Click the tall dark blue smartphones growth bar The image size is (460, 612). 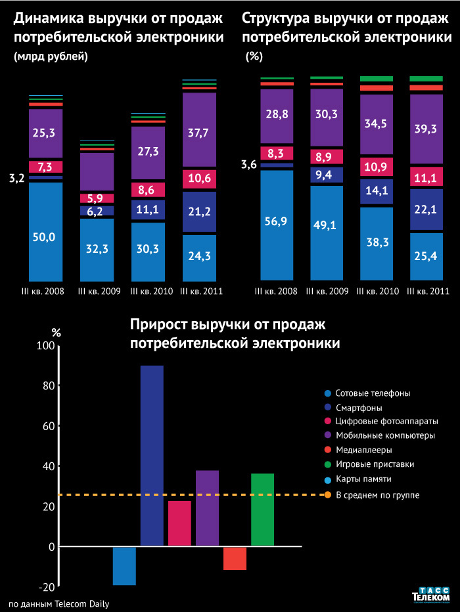[x=152, y=456]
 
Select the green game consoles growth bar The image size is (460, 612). [x=262, y=510]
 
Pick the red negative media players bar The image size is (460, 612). [x=235, y=558]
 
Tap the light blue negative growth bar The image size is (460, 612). [x=124, y=565]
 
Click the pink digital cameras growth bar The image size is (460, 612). [x=179, y=523]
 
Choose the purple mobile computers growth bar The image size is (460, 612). [x=207, y=508]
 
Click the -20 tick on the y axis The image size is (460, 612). [x=46, y=586]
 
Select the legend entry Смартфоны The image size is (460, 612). [x=356, y=407]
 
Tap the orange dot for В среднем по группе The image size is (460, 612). [x=327, y=494]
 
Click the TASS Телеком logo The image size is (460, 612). [x=430, y=594]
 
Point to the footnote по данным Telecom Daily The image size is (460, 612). [x=58, y=603]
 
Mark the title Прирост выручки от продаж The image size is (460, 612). [x=228, y=325]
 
